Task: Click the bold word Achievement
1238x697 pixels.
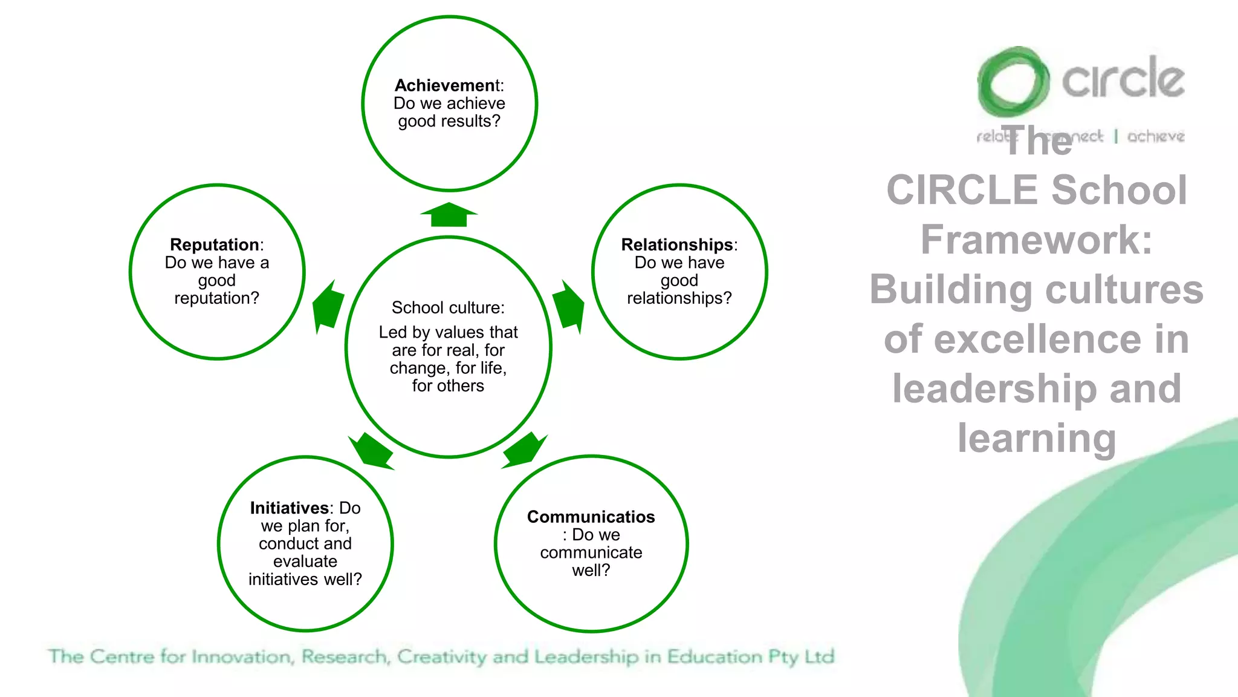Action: [x=445, y=85]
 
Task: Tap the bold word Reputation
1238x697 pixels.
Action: [x=215, y=244]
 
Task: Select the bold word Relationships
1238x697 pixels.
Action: [x=676, y=244]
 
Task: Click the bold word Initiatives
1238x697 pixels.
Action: [x=289, y=508]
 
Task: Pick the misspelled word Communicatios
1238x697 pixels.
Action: [x=591, y=517]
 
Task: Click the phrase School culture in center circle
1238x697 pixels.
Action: [x=447, y=307]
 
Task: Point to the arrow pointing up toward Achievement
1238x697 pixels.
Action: [x=449, y=215]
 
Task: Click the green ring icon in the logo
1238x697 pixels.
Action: [x=1013, y=82]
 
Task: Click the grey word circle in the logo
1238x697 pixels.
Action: [x=1123, y=79]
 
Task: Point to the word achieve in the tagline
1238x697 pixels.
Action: [x=1155, y=136]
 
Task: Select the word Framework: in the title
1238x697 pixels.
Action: [x=1036, y=240]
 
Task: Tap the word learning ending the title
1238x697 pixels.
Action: [x=1036, y=438]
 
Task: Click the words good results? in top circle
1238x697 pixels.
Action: [x=449, y=121]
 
